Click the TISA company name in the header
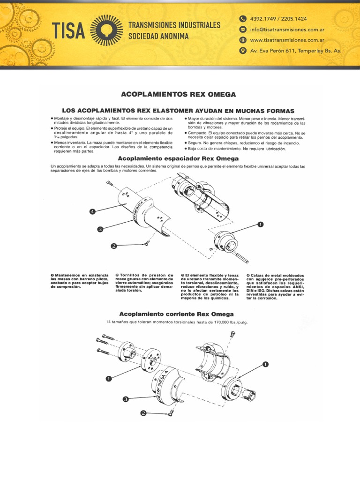[x=68, y=31]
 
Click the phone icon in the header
[x=242, y=19]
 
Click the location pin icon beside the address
[x=242, y=51]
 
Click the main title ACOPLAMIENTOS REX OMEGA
[x=179, y=94]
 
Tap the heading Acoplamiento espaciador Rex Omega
[x=179, y=158]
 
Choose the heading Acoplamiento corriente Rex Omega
[x=176, y=314]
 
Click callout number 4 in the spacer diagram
[x=92, y=212]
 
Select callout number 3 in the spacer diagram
[x=100, y=229]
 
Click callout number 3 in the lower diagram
[x=126, y=399]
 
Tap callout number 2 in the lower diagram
[x=144, y=413]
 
